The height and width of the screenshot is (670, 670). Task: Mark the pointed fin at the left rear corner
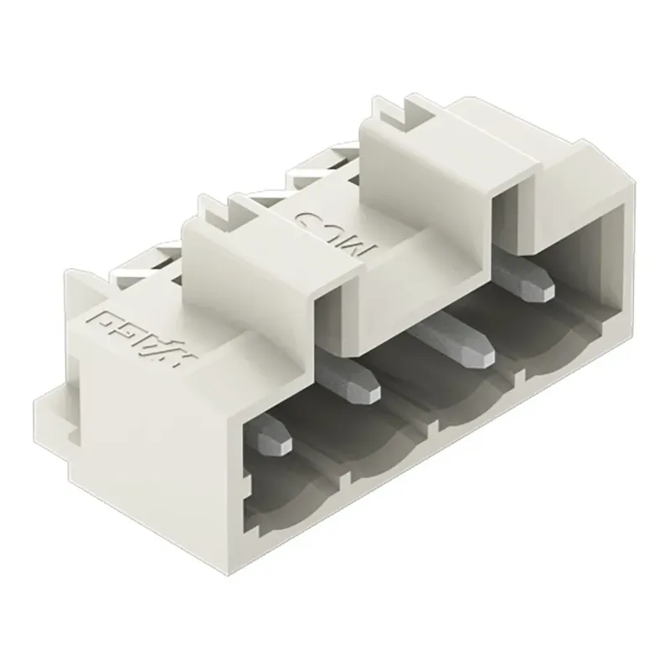pyautogui.click(x=72, y=281)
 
